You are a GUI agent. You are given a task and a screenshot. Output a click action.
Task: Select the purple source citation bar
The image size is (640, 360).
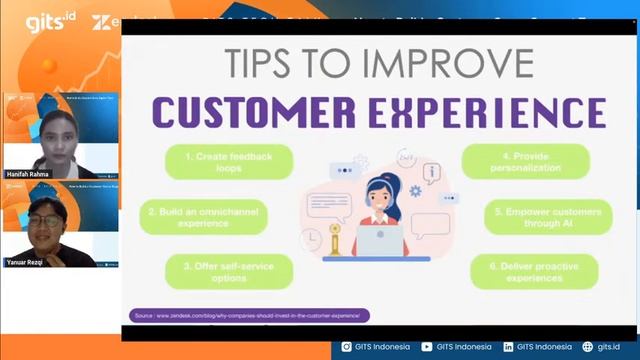[250, 316]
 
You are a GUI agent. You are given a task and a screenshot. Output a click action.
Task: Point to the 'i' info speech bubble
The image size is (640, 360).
[432, 173]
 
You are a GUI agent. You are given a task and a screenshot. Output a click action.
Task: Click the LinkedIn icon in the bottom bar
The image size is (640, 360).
[509, 347]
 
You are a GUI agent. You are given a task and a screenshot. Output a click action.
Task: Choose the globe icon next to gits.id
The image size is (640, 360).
[588, 347]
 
